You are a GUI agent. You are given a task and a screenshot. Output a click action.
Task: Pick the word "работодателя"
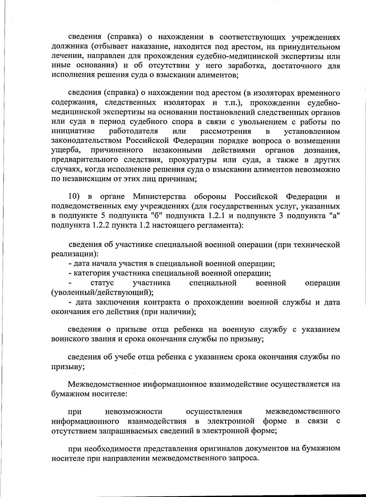tap(134, 131)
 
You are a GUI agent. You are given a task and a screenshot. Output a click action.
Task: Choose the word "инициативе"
tap(73, 131)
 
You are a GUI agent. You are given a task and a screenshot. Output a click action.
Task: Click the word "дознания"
tap(322, 151)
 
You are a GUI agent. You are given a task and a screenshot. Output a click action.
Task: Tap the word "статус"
tap(102, 283)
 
